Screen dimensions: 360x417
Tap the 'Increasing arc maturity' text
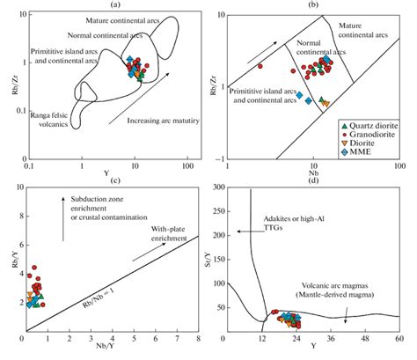162,120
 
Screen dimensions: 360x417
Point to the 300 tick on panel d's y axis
217,189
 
